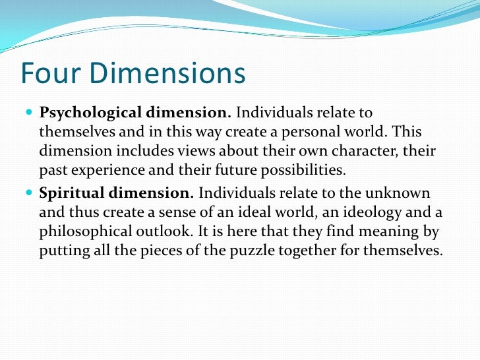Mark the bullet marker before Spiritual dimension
(30, 194)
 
